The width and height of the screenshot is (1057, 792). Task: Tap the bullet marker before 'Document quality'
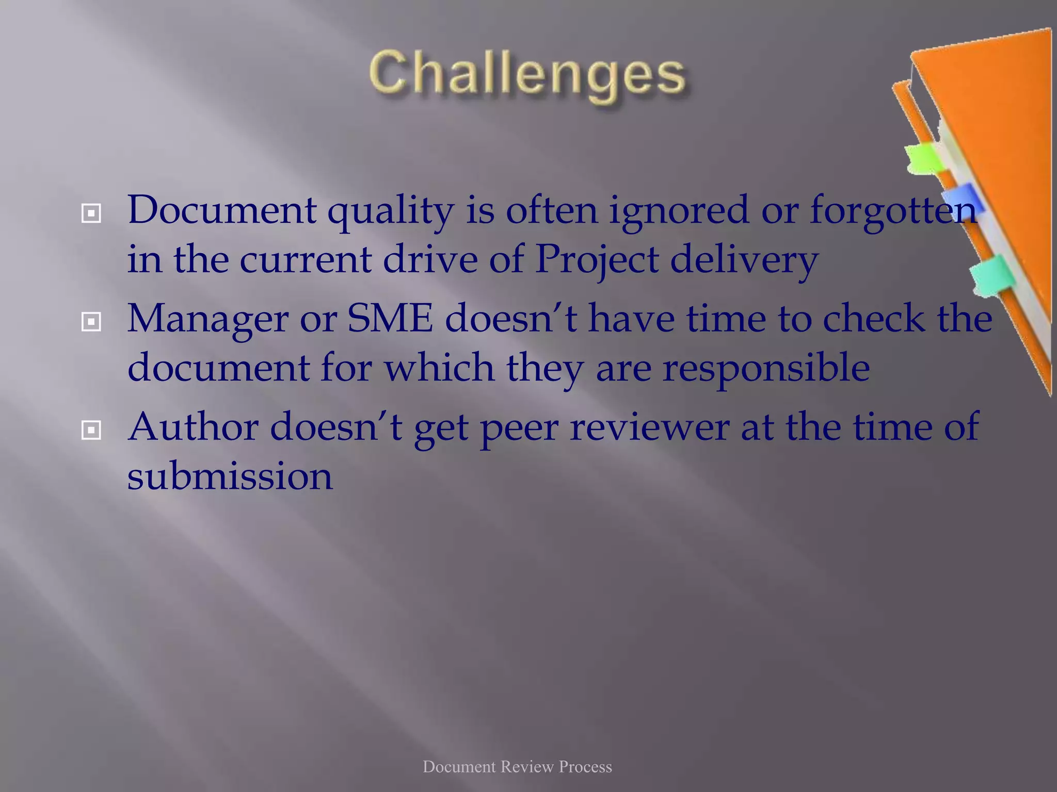[x=91, y=212]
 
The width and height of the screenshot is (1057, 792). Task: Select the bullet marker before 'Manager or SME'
[x=91, y=322]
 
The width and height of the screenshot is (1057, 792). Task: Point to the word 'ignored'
[x=678, y=211]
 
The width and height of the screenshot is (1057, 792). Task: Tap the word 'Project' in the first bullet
[x=597, y=259]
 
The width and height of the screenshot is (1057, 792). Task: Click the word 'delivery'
[x=744, y=259]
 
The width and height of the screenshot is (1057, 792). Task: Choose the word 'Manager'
[x=207, y=320]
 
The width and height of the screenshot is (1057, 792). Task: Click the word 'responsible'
[x=766, y=369]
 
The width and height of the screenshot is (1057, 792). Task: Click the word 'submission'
[x=230, y=475]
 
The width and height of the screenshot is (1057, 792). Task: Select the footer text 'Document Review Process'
[x=517, y=767]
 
